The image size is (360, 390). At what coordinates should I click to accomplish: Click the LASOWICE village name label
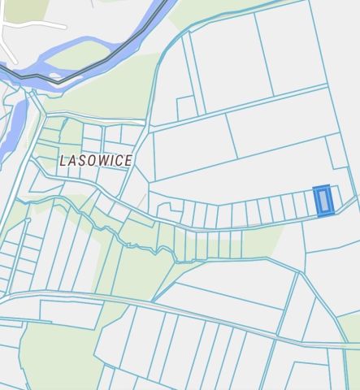click(x=96, y=161)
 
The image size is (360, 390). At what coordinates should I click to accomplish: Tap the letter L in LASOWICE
click(x=63, y=161)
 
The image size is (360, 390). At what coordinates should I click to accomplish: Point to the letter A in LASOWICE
click(x=72, y=161)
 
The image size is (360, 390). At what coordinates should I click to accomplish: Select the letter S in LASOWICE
click(x=81, y=161)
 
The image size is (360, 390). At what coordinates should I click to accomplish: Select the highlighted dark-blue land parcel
click(x=323, y=201)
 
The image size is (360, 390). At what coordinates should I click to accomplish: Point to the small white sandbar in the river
click(x=54, y=76)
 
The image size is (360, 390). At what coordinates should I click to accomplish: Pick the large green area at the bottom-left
click(x=57, y=357)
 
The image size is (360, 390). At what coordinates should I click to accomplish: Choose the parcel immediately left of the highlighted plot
click(x=307, y=204)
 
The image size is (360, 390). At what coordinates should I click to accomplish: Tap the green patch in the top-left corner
click(x=24, y=8)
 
